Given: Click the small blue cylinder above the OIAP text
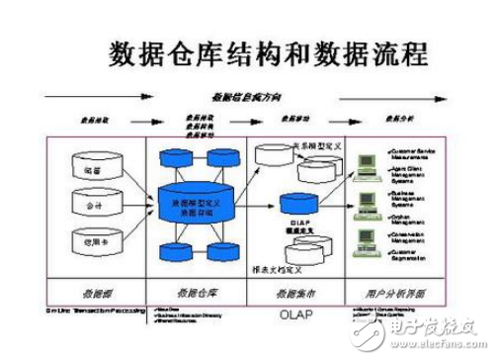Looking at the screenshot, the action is pyautogui.click(x=295, y=200).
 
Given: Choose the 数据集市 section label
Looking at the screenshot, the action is pyautogui.click(x=296, y=293).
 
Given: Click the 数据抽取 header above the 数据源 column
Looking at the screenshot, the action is pyautogui.click(x=90, y=119).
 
